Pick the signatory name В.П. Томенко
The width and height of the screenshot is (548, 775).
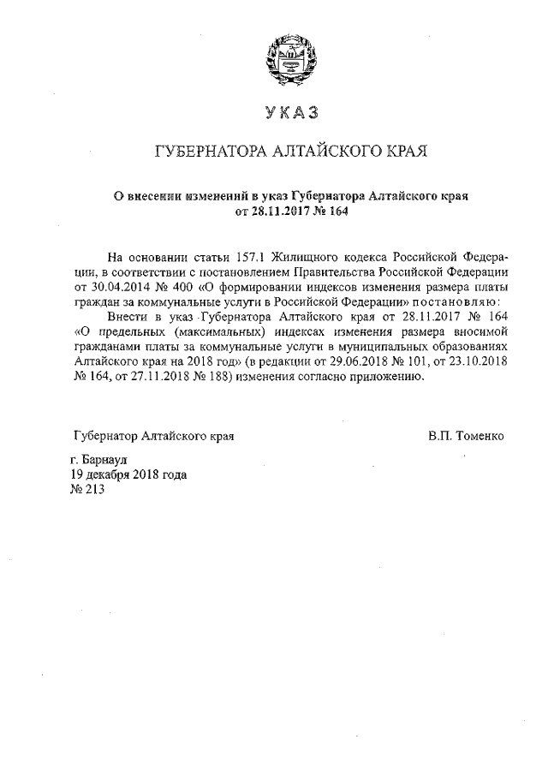tap(467, 436)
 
